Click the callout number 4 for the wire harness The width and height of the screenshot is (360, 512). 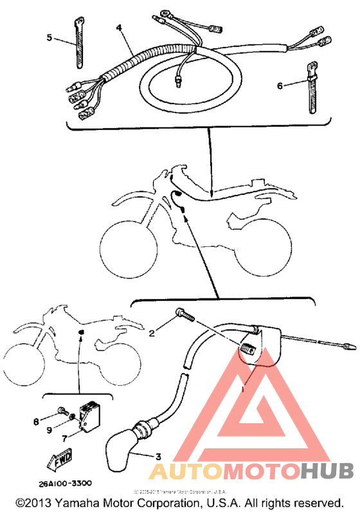119,28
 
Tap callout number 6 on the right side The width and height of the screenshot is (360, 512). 280,84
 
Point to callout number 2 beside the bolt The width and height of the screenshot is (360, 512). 152,333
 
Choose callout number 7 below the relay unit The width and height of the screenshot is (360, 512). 64,437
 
